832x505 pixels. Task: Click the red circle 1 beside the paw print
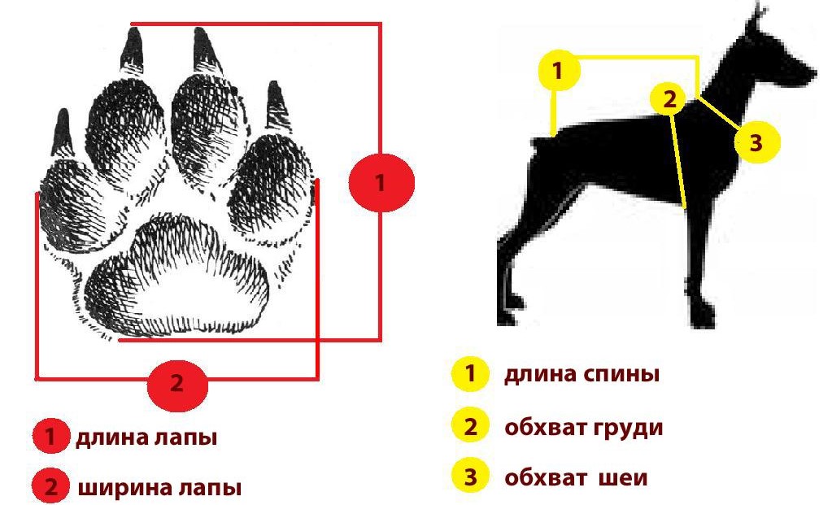point(381,183)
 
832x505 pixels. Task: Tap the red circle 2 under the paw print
point(177,384)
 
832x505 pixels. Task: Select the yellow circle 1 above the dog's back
point(558,70)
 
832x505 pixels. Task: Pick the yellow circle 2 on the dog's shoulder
point(671,99)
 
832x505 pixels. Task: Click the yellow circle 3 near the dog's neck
point(757,142)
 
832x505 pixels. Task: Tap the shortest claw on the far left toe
point(63,133)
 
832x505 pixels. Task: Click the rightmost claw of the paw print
point(277,105)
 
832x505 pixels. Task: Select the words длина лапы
point(146,438)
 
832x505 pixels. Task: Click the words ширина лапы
point(159,488)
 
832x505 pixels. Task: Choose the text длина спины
point(582,375)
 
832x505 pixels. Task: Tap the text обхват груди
point(584,428)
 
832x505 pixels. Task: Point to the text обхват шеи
point(576,478)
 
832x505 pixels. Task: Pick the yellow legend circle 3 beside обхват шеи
point(470,477)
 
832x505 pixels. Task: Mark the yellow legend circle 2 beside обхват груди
point(470,426)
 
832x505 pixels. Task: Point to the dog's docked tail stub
point(540,142)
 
